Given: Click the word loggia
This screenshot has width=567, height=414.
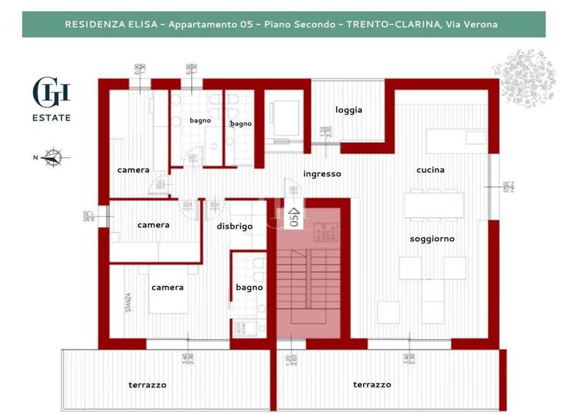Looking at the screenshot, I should coord(348,110).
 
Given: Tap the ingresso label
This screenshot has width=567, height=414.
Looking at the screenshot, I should coord(322,174).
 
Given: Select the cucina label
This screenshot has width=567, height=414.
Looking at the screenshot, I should coord(430,170).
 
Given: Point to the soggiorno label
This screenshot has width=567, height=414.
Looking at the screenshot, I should coord(432,239).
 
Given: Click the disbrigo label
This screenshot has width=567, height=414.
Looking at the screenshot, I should coord(235,226).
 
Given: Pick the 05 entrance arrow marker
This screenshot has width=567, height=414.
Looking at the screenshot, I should coord(293,217).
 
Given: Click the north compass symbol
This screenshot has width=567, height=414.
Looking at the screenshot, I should coord(52,157).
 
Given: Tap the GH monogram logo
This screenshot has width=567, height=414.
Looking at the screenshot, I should coord(52,92).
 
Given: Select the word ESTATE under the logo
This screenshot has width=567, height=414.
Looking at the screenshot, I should coord(52,118).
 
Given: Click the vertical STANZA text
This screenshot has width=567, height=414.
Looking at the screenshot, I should coord(128,303).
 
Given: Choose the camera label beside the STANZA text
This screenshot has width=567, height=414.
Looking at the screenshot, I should coord(167,288).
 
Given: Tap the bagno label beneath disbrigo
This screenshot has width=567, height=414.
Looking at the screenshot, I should coord(249,288).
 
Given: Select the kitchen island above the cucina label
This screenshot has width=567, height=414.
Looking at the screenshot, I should coord(456,138).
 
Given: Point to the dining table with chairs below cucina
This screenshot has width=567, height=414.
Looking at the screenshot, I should coord(433,205).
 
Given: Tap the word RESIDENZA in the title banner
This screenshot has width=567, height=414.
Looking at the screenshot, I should coord(93,24).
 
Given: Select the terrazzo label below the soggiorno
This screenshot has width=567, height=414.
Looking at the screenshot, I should coord(371,384).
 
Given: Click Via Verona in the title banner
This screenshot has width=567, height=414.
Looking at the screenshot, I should coord(471,24).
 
